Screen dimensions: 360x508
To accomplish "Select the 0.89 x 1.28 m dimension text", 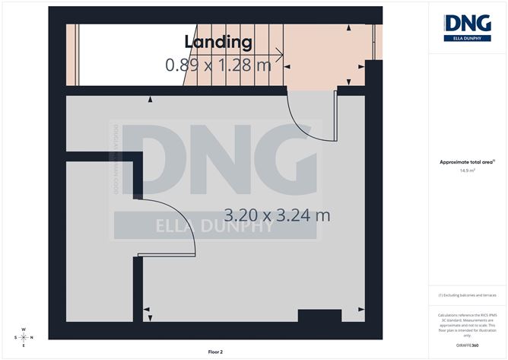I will coord(218,65).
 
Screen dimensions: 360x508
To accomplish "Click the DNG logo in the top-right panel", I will coord(467,23).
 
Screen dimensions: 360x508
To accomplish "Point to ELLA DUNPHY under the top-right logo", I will coord(467,38).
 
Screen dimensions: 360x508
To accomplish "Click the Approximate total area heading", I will coord(467,161).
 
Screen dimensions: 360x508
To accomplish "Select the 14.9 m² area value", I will coord(467,170).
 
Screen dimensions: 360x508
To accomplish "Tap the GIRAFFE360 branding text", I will coord(467,346).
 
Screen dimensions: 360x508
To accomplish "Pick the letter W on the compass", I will coord(24,330).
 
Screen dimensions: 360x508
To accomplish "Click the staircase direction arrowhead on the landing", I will coord(281,54).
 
